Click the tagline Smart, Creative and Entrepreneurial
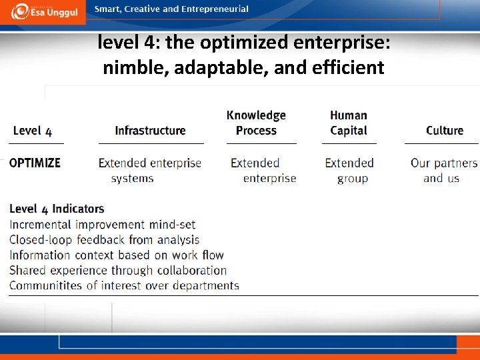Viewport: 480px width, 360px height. coord(171,9)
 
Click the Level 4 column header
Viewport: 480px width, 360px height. coord(32,131)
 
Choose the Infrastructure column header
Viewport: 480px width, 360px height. coord(150,131)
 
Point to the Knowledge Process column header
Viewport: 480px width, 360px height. coord(256,123)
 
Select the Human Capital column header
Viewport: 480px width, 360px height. coord(349,123)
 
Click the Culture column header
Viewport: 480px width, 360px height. coord(445,131)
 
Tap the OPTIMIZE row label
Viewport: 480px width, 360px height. coord(35,163)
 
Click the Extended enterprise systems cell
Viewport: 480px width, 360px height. coord(149,171)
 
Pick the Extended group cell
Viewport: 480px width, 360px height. coord(349,171)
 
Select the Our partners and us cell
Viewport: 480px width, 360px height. coord(443,171)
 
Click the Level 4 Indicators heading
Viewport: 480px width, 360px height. coord(57,209)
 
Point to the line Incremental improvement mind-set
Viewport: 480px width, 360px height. coord(102,225)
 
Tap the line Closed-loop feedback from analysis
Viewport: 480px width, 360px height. coord(104,240)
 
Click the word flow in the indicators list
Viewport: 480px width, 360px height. coord(211,255)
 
